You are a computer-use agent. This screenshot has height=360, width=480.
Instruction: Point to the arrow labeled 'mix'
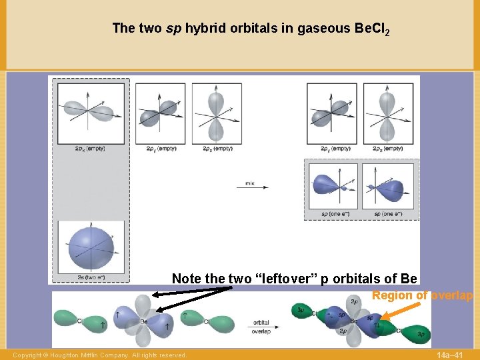click(x=251, y=187)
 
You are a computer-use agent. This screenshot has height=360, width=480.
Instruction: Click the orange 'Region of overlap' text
click(x=422, y=295)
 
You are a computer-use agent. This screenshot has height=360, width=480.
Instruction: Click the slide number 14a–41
click(x=450, y=355)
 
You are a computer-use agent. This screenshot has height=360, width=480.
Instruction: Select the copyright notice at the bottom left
click(x=99, y=355)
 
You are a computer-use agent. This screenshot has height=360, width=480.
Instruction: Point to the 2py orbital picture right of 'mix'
click(x=330, y=111)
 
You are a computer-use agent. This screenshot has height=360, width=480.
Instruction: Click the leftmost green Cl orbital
click(x=68, y=320)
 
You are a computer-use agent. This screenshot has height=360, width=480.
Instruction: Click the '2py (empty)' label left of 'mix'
click(x=161, y=148)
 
